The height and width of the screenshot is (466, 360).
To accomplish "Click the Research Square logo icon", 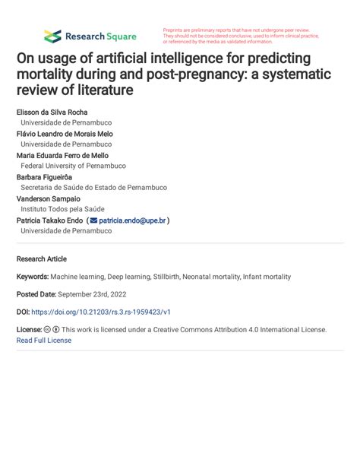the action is pos(52,36).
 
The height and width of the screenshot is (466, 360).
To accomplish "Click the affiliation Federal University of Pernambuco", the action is pos(73,166).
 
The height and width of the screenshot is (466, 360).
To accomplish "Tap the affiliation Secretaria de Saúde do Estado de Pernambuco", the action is pos(93,187).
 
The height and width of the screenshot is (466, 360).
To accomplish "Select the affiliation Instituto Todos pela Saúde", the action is pos(62,209).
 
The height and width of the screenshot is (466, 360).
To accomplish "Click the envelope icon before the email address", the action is pos(93,220).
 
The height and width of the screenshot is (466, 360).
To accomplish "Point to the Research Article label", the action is pos(41,258).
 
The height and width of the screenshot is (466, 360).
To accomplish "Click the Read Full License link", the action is pos(43,341).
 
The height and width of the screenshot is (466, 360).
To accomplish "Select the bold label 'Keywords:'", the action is pos(34,277).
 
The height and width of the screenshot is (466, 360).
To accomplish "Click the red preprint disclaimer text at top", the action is pos(241,36).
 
